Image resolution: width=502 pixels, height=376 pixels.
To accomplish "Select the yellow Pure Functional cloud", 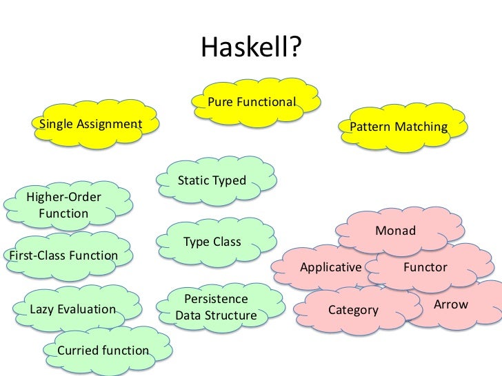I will point(252,103).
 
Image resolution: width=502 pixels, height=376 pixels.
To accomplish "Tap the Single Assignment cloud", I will point(90,125).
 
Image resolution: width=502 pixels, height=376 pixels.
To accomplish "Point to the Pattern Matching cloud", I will point(399,127).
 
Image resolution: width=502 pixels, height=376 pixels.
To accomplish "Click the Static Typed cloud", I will point(212,180).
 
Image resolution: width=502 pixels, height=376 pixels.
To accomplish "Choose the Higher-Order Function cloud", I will point(63,205).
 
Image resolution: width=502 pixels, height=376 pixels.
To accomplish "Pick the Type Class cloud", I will point(212,242).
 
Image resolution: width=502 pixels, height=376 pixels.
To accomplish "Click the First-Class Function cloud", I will point(62,255).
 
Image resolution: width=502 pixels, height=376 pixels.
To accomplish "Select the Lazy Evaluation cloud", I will point(73,309).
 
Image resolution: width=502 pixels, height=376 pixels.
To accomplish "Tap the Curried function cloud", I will point(103,351).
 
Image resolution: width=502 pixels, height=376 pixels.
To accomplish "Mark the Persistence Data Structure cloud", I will point(216,308).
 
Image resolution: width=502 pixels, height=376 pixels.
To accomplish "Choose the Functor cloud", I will point(425,267).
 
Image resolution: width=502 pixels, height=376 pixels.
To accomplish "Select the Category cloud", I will point(353,310).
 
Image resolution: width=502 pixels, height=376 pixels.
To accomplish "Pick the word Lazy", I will point(43,309).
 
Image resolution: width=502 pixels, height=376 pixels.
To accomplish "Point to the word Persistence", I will point(216,299).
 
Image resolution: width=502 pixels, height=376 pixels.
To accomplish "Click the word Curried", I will point(79,351).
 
